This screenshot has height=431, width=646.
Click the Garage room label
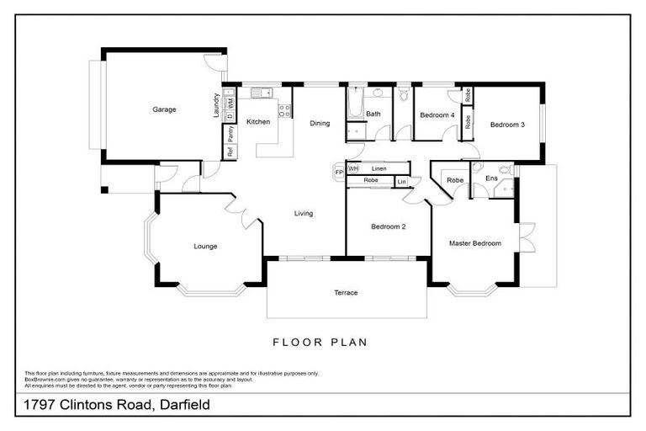(x=164, y=109)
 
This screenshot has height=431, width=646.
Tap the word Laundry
(x=216, y=105)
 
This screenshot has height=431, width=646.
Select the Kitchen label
(x=258, y=122)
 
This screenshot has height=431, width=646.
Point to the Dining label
(x=320, y=124)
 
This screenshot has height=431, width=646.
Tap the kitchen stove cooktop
(x=286, y=109)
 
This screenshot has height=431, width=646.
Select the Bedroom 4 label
(x=437, y=115)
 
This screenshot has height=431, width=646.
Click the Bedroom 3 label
(x=507, y=125)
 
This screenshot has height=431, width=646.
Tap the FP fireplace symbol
(x=339, y=173)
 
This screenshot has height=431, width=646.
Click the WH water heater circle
(x=353, y=169)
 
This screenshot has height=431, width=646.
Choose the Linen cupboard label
(x=379, y=169)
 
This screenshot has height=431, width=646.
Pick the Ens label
(x=491, y=178)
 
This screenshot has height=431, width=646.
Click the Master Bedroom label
(x=475, y=243)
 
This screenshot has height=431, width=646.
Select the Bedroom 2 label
(x=389, y=226)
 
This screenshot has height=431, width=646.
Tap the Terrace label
(x=346, y=293)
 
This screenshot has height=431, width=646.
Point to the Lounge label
(x=205, y=247)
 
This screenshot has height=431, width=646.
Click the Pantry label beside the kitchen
(x=229, y=134)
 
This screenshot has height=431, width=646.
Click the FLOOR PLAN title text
(x=320, y=343)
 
